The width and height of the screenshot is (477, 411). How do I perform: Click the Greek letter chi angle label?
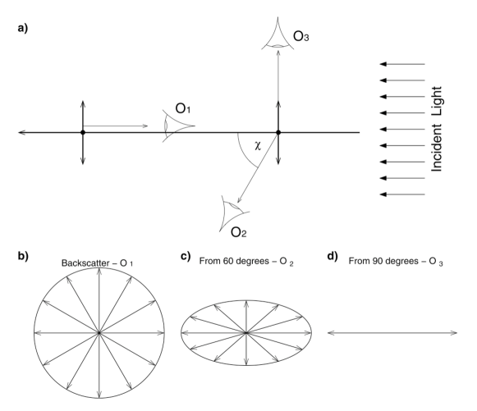pyautogui.click(x=257, y=144)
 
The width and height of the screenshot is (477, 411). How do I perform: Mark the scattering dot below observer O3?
pyautogui.click(x=278, y=132)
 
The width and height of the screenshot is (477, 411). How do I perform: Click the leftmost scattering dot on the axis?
pyautogui.click(x=83, y=132)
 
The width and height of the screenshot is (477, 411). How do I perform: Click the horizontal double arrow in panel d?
pyautogui.click(x=392, y=332)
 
